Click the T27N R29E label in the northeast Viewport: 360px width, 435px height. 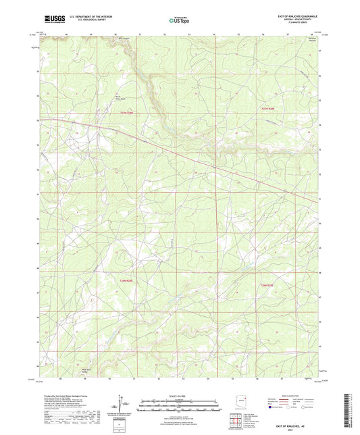pyautogui.click(x=269, y=108)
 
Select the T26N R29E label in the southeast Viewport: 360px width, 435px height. pyautogui.click(x=268, y=286)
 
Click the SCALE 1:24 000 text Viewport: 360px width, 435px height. pyautogui.click(x=179, y=395)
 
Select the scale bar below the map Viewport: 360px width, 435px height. pyautogui.click(x=179, y=405)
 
